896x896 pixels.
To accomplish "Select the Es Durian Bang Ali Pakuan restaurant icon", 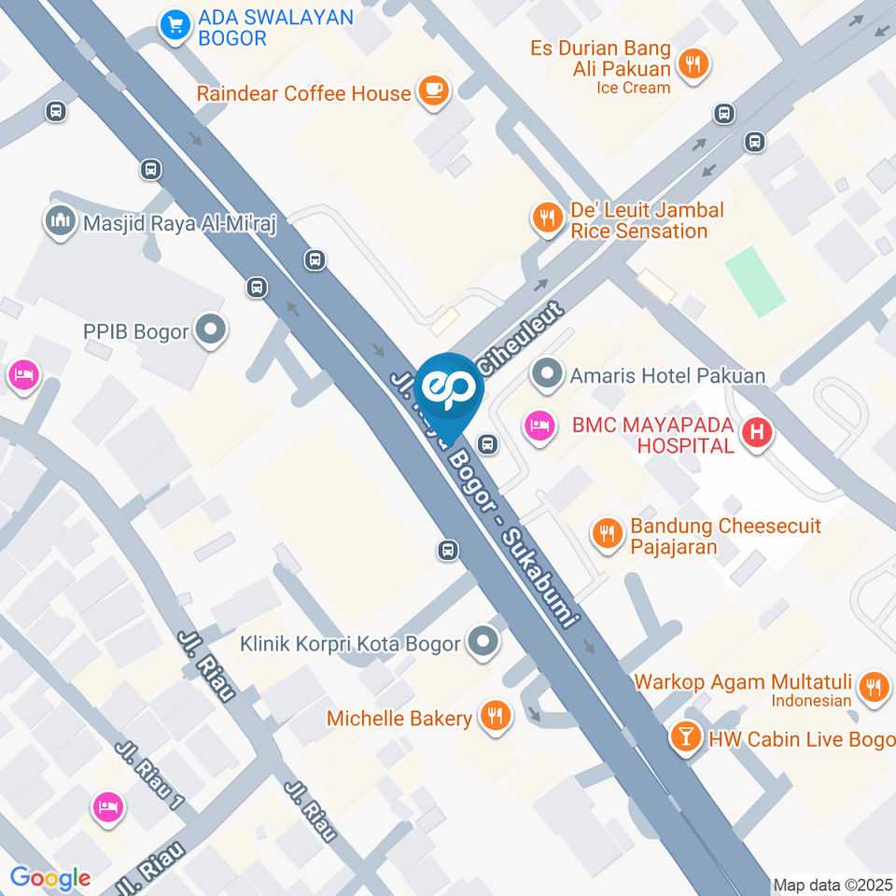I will [693, 63].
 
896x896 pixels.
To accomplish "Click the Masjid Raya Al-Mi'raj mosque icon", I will [60, 221].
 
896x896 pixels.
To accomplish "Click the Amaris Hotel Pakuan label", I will [668, 375].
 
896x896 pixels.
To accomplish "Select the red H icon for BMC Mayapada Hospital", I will [757, 432].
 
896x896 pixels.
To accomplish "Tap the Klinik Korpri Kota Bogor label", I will [350, 643].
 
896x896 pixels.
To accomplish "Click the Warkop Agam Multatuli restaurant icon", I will [874, 686].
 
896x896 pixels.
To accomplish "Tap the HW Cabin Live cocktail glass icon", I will [686, 736].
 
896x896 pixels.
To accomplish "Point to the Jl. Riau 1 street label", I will [150, 775].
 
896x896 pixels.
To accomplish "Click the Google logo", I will [49, 877].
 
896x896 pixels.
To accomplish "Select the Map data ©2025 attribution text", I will [833, 884].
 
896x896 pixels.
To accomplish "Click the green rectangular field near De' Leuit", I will [755, 280].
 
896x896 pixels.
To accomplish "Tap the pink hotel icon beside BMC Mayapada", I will [538, 427].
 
